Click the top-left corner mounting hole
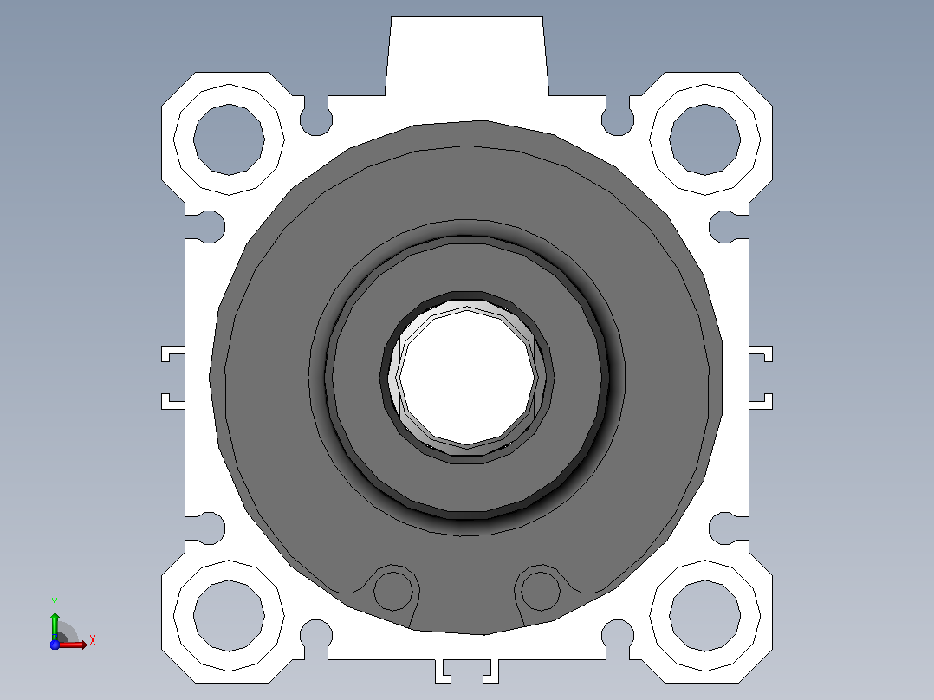point(229,140)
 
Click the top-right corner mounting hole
point(704,140)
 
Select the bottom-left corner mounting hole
point(229,616)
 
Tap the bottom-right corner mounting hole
point(704,616)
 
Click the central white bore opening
point(468,377)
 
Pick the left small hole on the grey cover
point(392,591)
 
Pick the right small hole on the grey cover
point(541,591)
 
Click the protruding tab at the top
point(467,56)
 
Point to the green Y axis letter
point(55,603)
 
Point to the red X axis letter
point(93,641)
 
